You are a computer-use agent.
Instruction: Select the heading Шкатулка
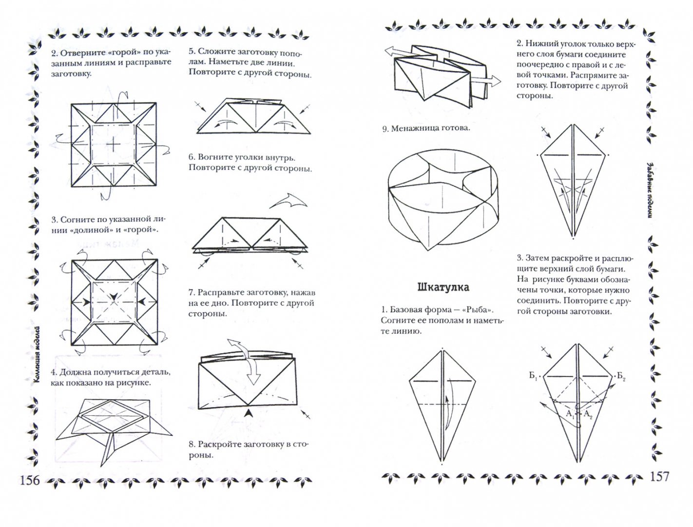click(443, 287)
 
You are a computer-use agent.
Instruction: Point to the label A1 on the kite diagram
click(569, 414)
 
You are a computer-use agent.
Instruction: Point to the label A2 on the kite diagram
click(588, 415)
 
